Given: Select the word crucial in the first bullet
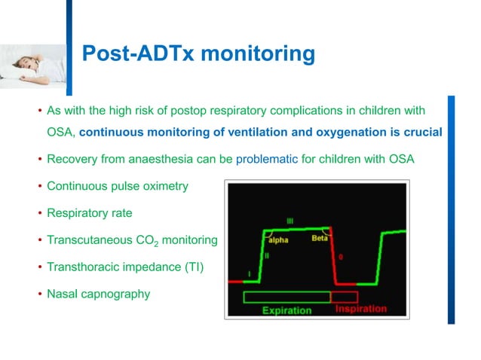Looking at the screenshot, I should coord(421,133).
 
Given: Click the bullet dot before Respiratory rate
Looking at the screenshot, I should coord(40,213).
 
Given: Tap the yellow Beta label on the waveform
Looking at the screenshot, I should coord(320,239).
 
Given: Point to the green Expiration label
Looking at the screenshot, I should coord(286,310).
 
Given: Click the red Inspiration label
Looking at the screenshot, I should coord(360,309).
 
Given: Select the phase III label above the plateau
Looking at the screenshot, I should coord(290,221).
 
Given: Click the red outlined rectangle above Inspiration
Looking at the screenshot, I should coord(344,296).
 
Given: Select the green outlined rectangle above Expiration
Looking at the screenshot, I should coord(286,296).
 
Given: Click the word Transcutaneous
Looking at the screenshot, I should coord(86,239).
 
